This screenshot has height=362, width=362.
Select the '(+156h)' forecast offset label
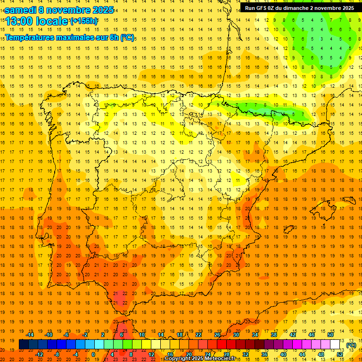click(x=83, y=21)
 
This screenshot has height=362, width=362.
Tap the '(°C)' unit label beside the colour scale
click(x=351, y=345)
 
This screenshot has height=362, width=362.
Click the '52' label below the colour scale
click(x=340, y=354)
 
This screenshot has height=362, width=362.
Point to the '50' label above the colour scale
click(x=330, y=335)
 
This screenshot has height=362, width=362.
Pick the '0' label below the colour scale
click(x=93, y=354)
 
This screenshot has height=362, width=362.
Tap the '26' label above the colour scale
click(x=217, y=335)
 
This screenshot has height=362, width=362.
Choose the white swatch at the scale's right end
click(x=335, y=345)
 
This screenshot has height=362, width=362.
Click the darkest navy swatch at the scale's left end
click(x=24, y=345)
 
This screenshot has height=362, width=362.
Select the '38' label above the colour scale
click(x=273, y=335)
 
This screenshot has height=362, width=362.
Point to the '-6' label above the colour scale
click(x=67, y=335)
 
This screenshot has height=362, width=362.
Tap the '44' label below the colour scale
click(x=302, y=354)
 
